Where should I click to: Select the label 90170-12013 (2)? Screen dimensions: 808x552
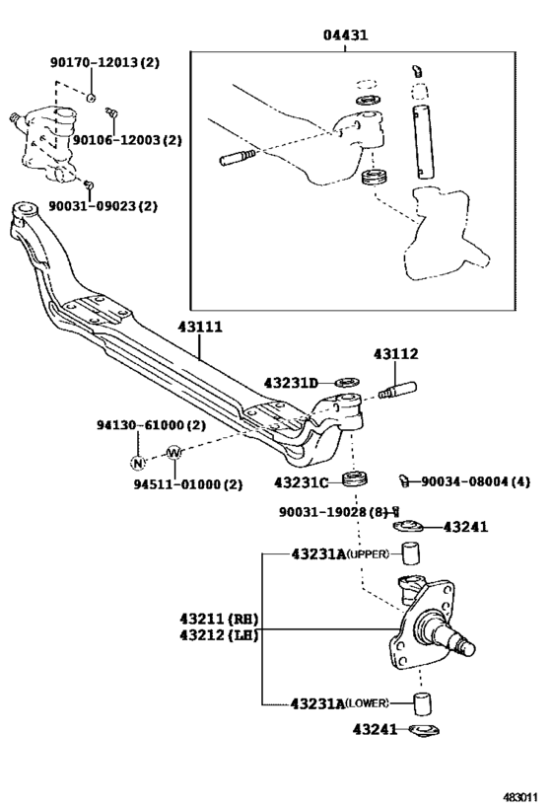pyautogui.click(x=104, y=62)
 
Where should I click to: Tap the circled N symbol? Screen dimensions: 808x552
pyautogui.click(x=138, y=461)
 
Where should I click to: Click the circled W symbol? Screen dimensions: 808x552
pyautogui.click(x=173, y=453)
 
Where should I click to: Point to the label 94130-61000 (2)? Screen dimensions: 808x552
pyautogui.click(x=150, y=425)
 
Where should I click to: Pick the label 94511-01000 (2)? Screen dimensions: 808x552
pyautogui.click(x=187, y=484)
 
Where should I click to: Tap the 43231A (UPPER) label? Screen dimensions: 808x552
pyautogui.click(x=340, y=554)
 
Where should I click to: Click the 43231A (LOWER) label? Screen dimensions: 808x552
pyautogui.click(x=340, y=702)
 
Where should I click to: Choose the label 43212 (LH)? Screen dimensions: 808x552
pyautogui.click(x=218, y=634)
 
